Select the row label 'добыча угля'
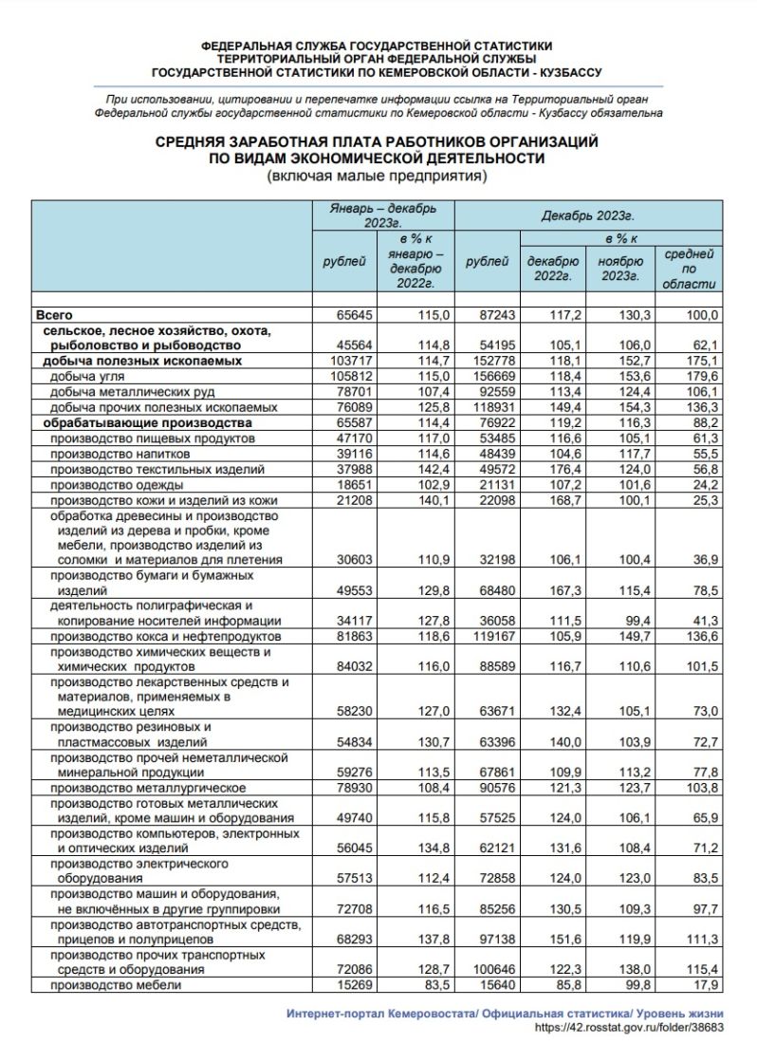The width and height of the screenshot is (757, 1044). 84,377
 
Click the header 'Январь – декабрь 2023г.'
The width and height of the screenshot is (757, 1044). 383,214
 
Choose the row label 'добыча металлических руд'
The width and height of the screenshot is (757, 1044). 132,392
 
